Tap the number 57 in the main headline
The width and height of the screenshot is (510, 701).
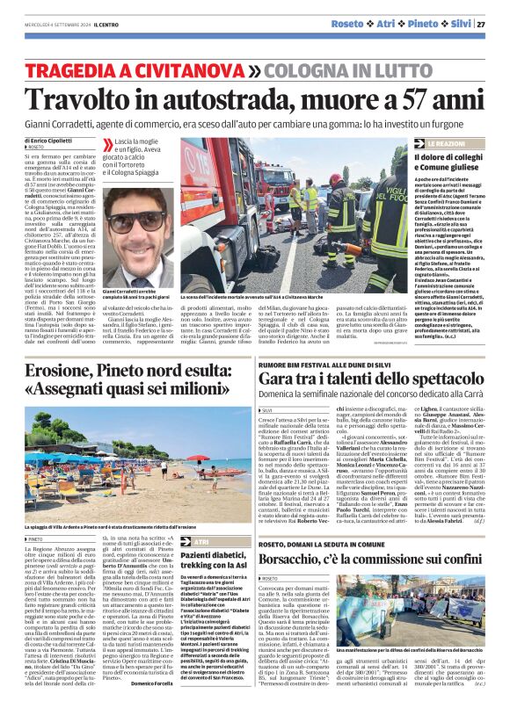[x=419, y=100]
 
